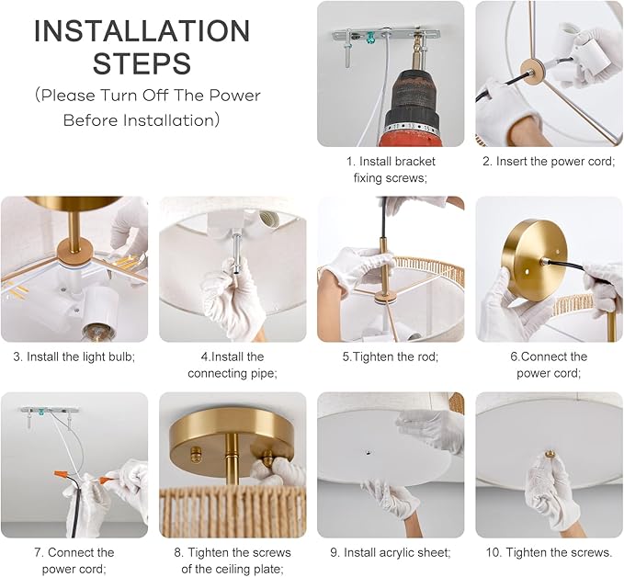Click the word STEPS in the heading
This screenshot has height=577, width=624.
click(x=142, y=63)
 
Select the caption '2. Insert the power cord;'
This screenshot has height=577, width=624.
click(x=549, y=161)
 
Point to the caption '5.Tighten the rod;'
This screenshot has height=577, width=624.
click(x=391, y=356)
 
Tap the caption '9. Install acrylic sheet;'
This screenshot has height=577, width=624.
click(x=391, y=552)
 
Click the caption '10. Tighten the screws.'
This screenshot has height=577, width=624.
click(x=549, y=552)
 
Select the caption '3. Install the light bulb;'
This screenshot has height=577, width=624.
click(x=74, y=356)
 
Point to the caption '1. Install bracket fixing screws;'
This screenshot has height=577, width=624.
click(x=391, y=169)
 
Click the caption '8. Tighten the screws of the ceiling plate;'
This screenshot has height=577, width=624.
click(x=232, y=560)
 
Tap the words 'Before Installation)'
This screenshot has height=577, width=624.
click(x=142, y=120)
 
